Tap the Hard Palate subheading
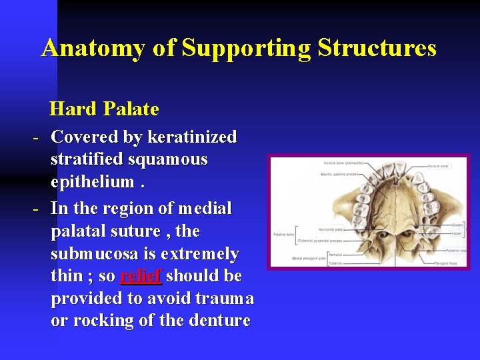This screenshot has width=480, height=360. [104, 109]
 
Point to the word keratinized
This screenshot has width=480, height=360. [192, 137]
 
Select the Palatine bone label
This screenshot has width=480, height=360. [284, 234]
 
